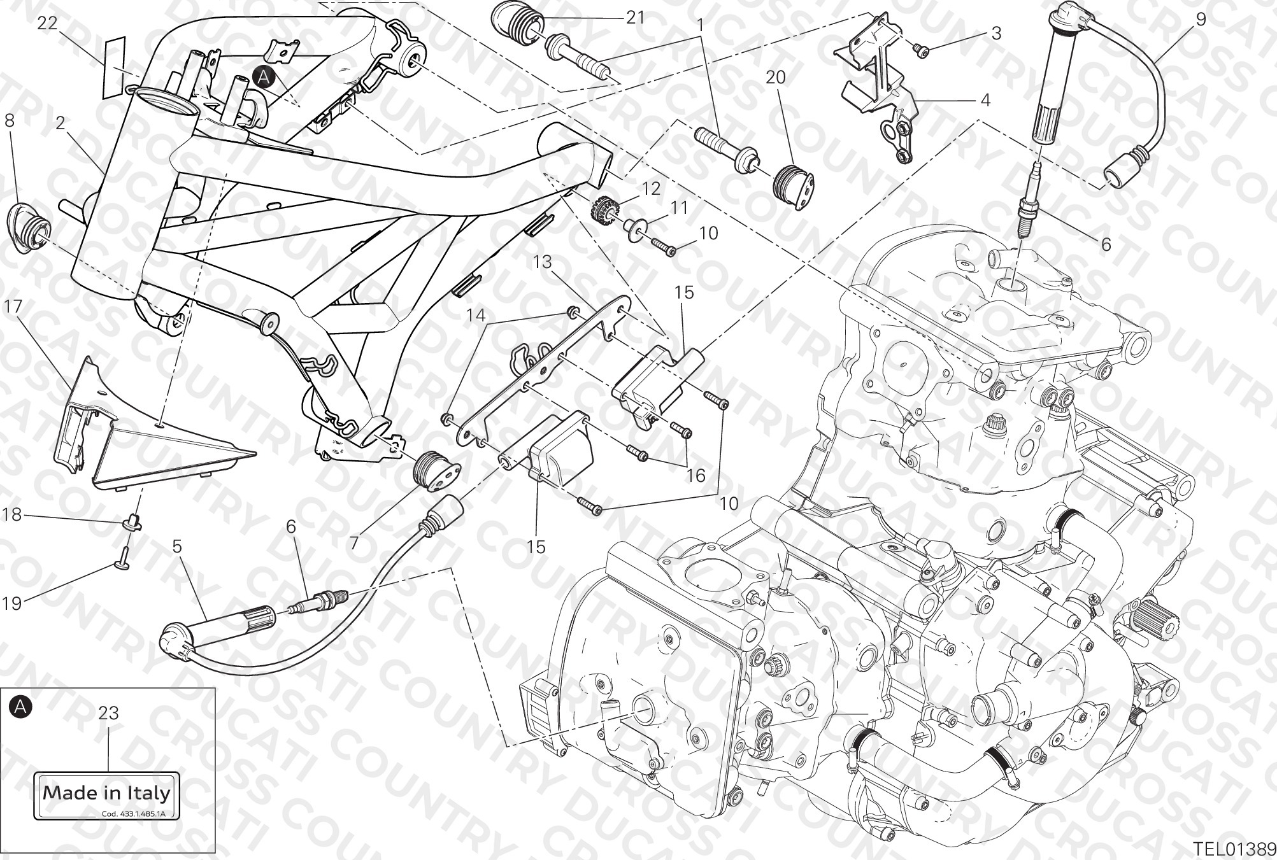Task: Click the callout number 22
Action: click(x=47, y=24)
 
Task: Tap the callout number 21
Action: click(x=636, y=18)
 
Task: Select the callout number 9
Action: click(x=1201, y=19)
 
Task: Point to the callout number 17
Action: click(x=13, y=307)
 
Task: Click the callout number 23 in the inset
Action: click(x=109, y=714)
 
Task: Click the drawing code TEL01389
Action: click(x=1234, y=849)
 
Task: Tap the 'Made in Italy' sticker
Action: click(x=107, y=795)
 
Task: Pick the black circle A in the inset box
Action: click(x=20, y=706)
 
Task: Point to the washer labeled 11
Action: click(x=634, y=230)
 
